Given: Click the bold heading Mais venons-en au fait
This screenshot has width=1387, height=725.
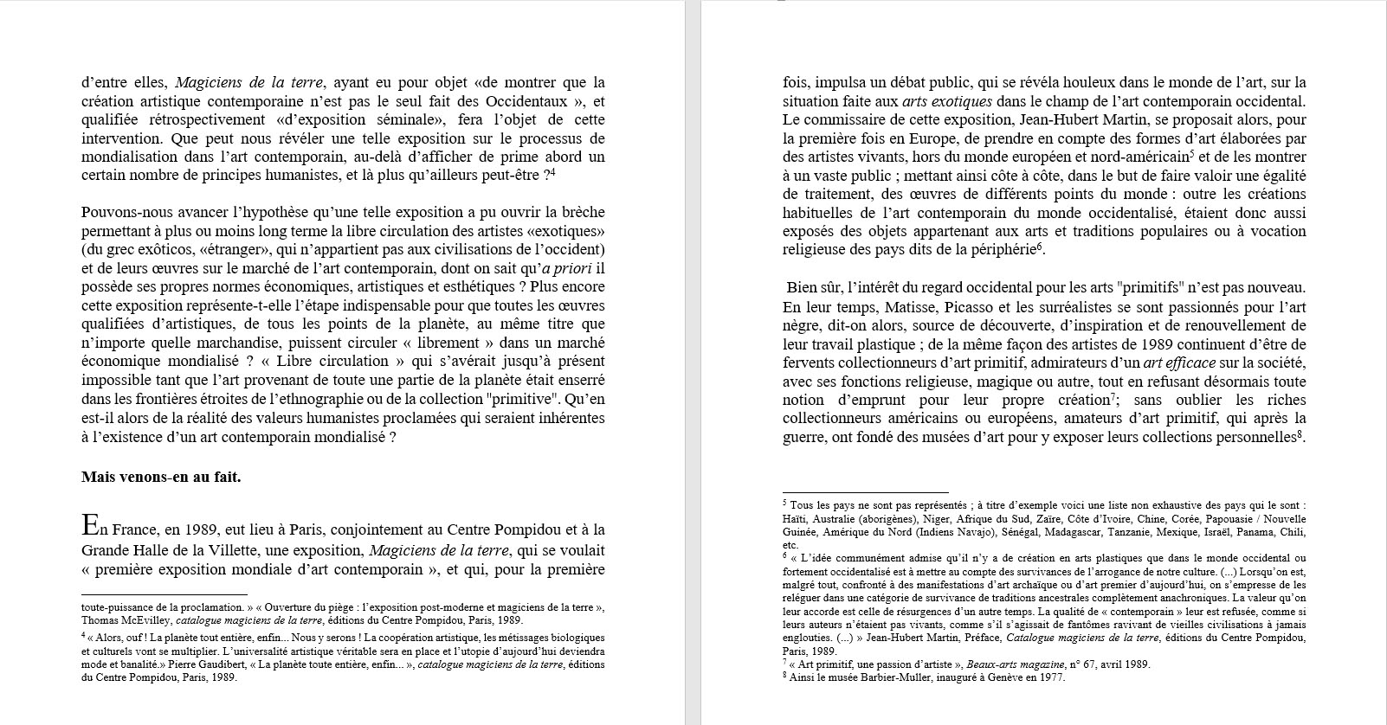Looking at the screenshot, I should [x=161, y=477].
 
